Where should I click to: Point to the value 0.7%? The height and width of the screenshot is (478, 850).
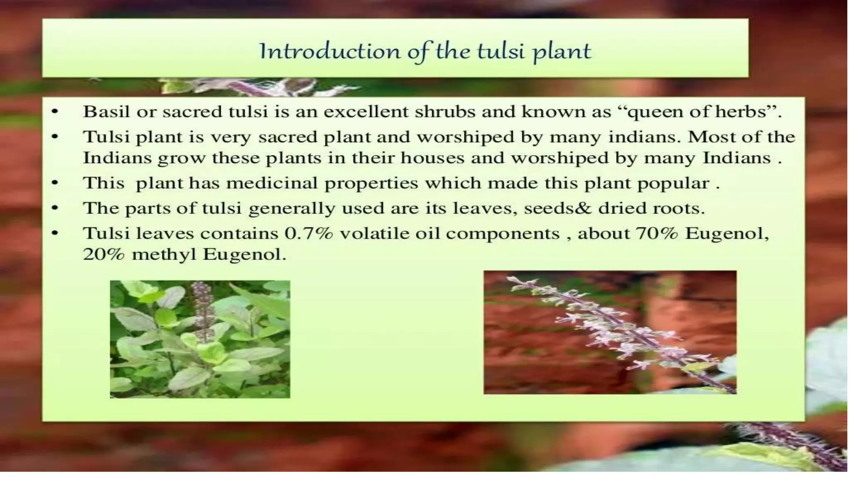click(308, 234)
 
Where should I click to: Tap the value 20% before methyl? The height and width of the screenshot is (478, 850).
click(104, 254)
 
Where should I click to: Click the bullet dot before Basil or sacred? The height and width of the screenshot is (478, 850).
click(55, 112)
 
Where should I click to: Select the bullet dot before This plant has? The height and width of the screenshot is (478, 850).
click(55, 183)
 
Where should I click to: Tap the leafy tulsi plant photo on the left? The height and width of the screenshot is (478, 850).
click(200, 339)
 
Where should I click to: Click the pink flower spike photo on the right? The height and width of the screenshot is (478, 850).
click(610, 332)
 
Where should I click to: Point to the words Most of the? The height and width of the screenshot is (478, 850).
click(741, 137)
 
